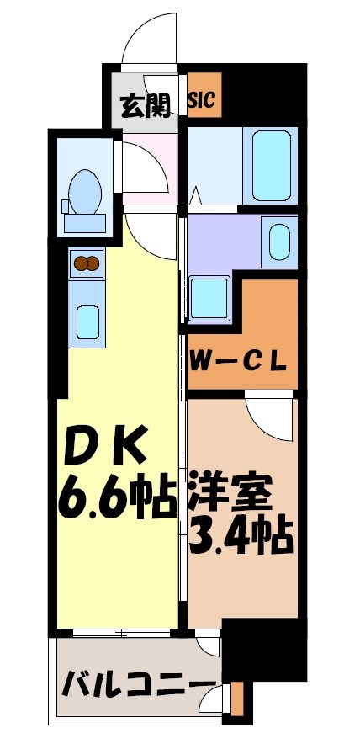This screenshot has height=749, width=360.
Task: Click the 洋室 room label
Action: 240,493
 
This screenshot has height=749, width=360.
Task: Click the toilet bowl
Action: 84,191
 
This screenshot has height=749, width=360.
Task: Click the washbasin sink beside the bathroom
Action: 278,240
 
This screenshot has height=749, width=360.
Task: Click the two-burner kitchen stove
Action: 86,263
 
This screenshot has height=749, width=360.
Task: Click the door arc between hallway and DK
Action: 151,236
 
